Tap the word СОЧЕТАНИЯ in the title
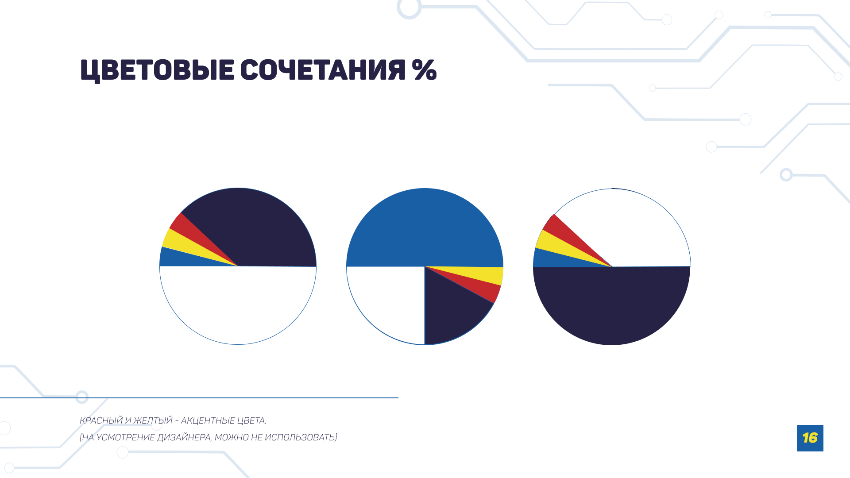coord(322,70)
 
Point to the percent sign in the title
coord(424,70)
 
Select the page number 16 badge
coord(810,438)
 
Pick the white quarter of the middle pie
coord(390,301)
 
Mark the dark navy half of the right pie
coord(611,305)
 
